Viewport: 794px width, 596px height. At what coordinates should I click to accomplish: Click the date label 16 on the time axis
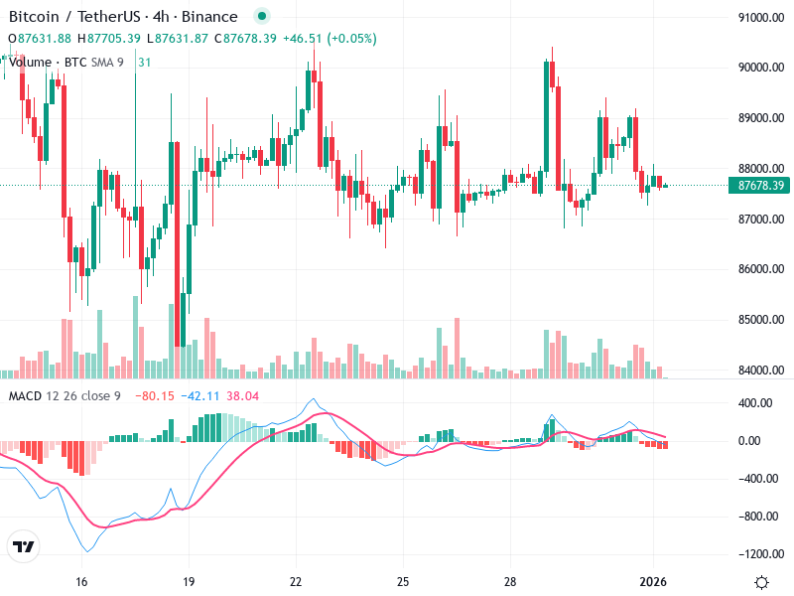82,582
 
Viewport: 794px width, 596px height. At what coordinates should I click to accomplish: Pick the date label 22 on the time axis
296,582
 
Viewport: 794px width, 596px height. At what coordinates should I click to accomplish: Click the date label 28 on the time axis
509,582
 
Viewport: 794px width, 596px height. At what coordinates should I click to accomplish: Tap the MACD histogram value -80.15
154,396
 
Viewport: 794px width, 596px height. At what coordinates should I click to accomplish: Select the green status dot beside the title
261,17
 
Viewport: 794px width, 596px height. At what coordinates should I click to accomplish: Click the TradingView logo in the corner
24,547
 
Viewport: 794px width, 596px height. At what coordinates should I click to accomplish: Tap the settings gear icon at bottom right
761,582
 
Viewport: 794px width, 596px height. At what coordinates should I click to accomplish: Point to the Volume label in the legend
30,62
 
